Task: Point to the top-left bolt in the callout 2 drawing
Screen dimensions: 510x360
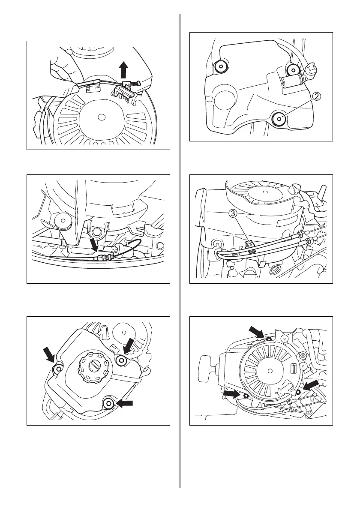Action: coord(221,66)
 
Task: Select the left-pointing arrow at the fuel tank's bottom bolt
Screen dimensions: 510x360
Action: coord(125,403)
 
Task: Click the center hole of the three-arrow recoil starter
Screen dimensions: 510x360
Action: coord(271,371)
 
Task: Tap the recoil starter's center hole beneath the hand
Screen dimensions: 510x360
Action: coord(102,116)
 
